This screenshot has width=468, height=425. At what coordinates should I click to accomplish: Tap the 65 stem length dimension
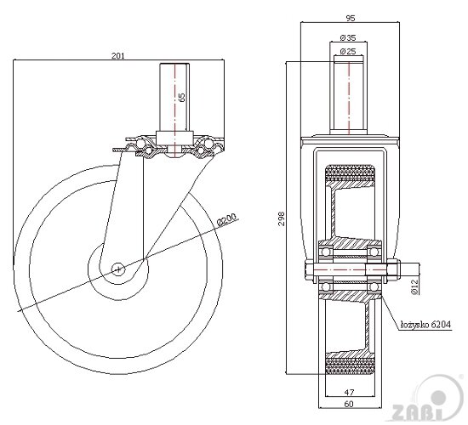coord(182,97)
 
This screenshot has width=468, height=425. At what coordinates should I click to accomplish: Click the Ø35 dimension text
coord(347,38)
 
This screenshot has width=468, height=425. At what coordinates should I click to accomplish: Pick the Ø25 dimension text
coord(347,53)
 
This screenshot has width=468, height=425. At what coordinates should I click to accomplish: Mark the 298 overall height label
coord(291,218)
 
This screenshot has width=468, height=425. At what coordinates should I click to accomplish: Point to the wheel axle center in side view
coord(117,269)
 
